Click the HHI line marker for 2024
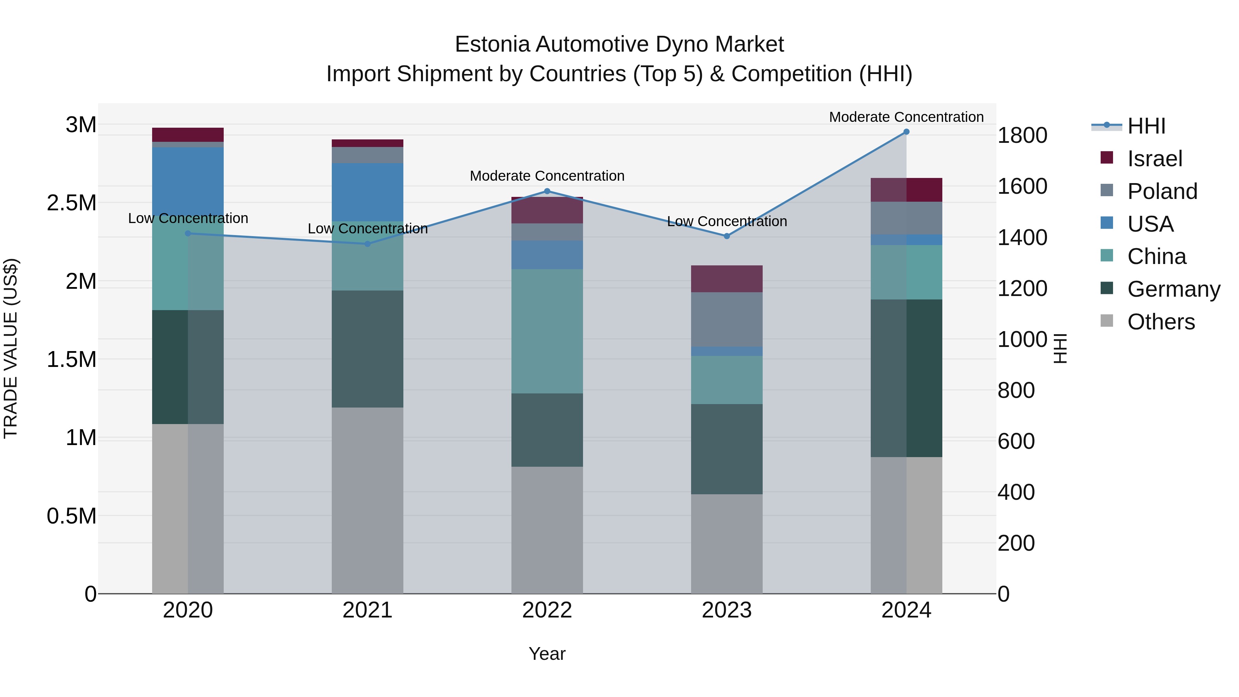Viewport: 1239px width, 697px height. (906, 132)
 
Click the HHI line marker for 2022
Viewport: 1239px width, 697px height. (547, 191)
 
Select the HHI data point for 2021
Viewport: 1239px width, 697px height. (368, 244)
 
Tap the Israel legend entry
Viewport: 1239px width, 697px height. (1154, 159)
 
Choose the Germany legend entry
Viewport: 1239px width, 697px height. (1173, 289)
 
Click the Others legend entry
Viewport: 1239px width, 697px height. (1161, 322)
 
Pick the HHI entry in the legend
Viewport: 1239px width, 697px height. (1146, 126)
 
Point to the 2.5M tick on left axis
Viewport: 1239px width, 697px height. (71, 203)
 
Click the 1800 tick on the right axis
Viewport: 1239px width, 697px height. (1022, 135)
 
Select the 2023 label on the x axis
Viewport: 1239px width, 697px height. (726, 610)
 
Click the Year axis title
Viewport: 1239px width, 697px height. (547, 654)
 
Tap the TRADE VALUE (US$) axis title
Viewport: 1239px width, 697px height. (11, 348)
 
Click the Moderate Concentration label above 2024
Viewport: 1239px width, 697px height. (906, 117)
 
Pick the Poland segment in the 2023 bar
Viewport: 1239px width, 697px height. (726, 319)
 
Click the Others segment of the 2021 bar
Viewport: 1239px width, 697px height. (368, 500)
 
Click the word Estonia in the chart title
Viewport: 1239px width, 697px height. (492, 44)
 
